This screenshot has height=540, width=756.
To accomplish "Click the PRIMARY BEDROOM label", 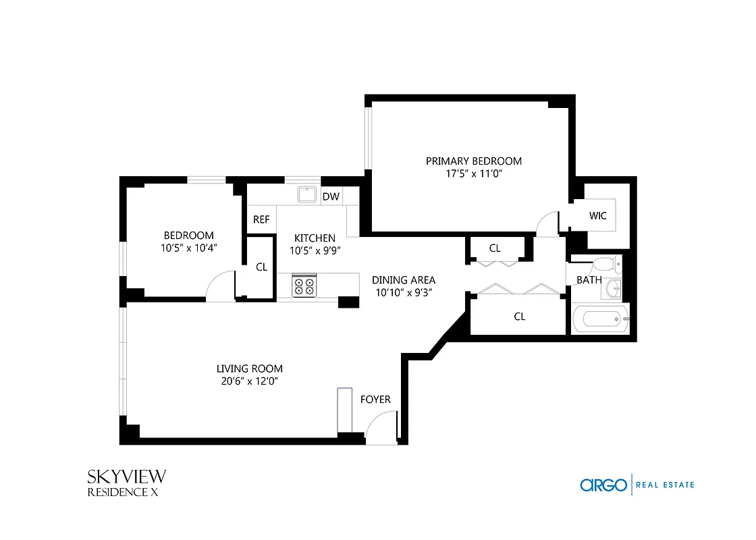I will (473, 161).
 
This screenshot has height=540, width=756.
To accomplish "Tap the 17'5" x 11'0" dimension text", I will (473, 173).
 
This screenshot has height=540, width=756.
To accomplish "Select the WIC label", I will (597, 216).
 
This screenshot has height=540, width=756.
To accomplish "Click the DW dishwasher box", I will (331, 196).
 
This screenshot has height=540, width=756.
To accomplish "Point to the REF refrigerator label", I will (261, 219).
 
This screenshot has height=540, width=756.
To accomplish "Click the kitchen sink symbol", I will (308, 194).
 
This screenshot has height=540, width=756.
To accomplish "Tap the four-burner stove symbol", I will (304, 284).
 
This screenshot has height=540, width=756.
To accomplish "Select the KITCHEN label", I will (315, 238).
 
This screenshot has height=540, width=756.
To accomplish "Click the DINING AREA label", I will (404, 279).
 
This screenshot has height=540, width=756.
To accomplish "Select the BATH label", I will (585, 280).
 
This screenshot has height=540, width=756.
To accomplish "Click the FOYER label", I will (375, 400).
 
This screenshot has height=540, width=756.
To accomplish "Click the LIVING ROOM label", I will (249, 369).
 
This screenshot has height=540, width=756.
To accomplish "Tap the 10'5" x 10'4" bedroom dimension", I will (188, 248).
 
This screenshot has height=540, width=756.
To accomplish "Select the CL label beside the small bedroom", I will (261, 267).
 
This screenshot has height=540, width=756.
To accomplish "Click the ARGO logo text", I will (603, 485).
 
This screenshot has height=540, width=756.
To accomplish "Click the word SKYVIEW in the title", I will (126, 477).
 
